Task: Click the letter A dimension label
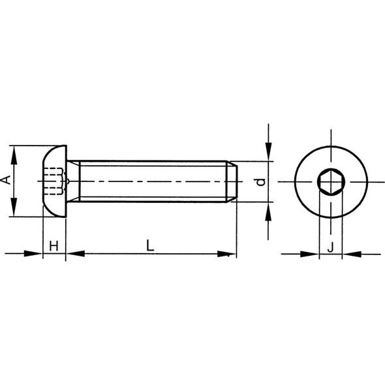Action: tap(6, 179)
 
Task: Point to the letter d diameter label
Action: tap(260, 181)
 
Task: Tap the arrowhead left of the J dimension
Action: tap(313, 254)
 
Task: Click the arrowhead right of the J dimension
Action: tap(348, 254)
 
